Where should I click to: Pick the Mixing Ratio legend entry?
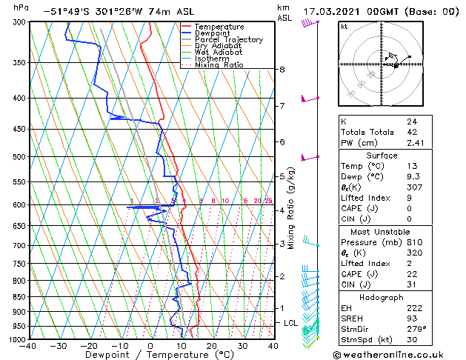(219, 65)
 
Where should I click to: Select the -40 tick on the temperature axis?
(28, 346)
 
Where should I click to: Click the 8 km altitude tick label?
(282, 70)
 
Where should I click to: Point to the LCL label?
(290, 323)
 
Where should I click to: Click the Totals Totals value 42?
(412, 132)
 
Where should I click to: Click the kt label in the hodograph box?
(344, 27)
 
